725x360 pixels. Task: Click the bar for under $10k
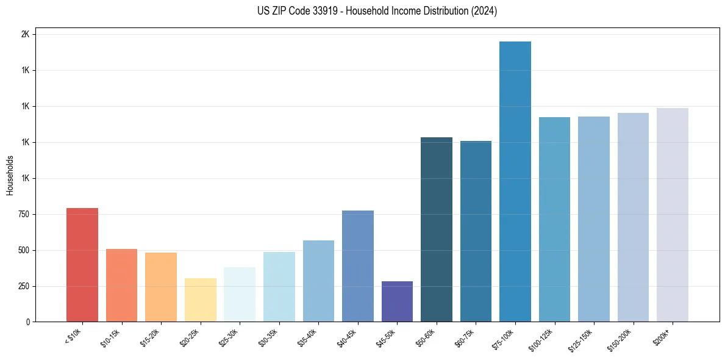click(x=82, y=265)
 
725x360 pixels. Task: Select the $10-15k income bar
click(x=121, y=285)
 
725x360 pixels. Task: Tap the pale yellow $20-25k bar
click(x=200, y=300)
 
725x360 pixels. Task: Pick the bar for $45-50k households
click(x=397, y=301)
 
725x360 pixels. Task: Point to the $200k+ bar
click(x=673, y=215)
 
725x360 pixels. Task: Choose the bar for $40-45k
click(x=358, y=266)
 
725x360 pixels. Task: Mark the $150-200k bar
click(x=633, y=217)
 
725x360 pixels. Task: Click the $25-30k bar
click(x=240, y=294)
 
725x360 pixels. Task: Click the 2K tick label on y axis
click(x=25, y=35)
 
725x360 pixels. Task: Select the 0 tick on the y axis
click(x=27, y=322)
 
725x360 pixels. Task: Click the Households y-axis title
click(x=10, y=175)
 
